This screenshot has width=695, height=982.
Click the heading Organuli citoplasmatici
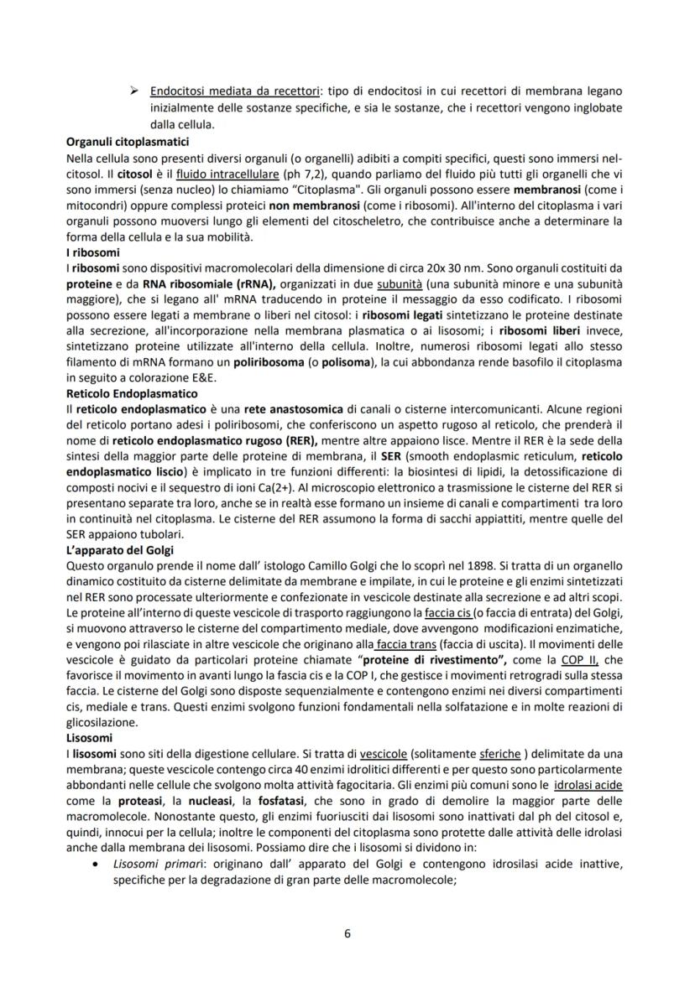[x=127, y=142]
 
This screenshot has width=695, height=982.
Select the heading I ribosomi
[x=92, y=252]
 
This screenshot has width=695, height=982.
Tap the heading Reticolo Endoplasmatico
[x=131, y=392]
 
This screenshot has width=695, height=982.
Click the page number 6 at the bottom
[x=347, y=934]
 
